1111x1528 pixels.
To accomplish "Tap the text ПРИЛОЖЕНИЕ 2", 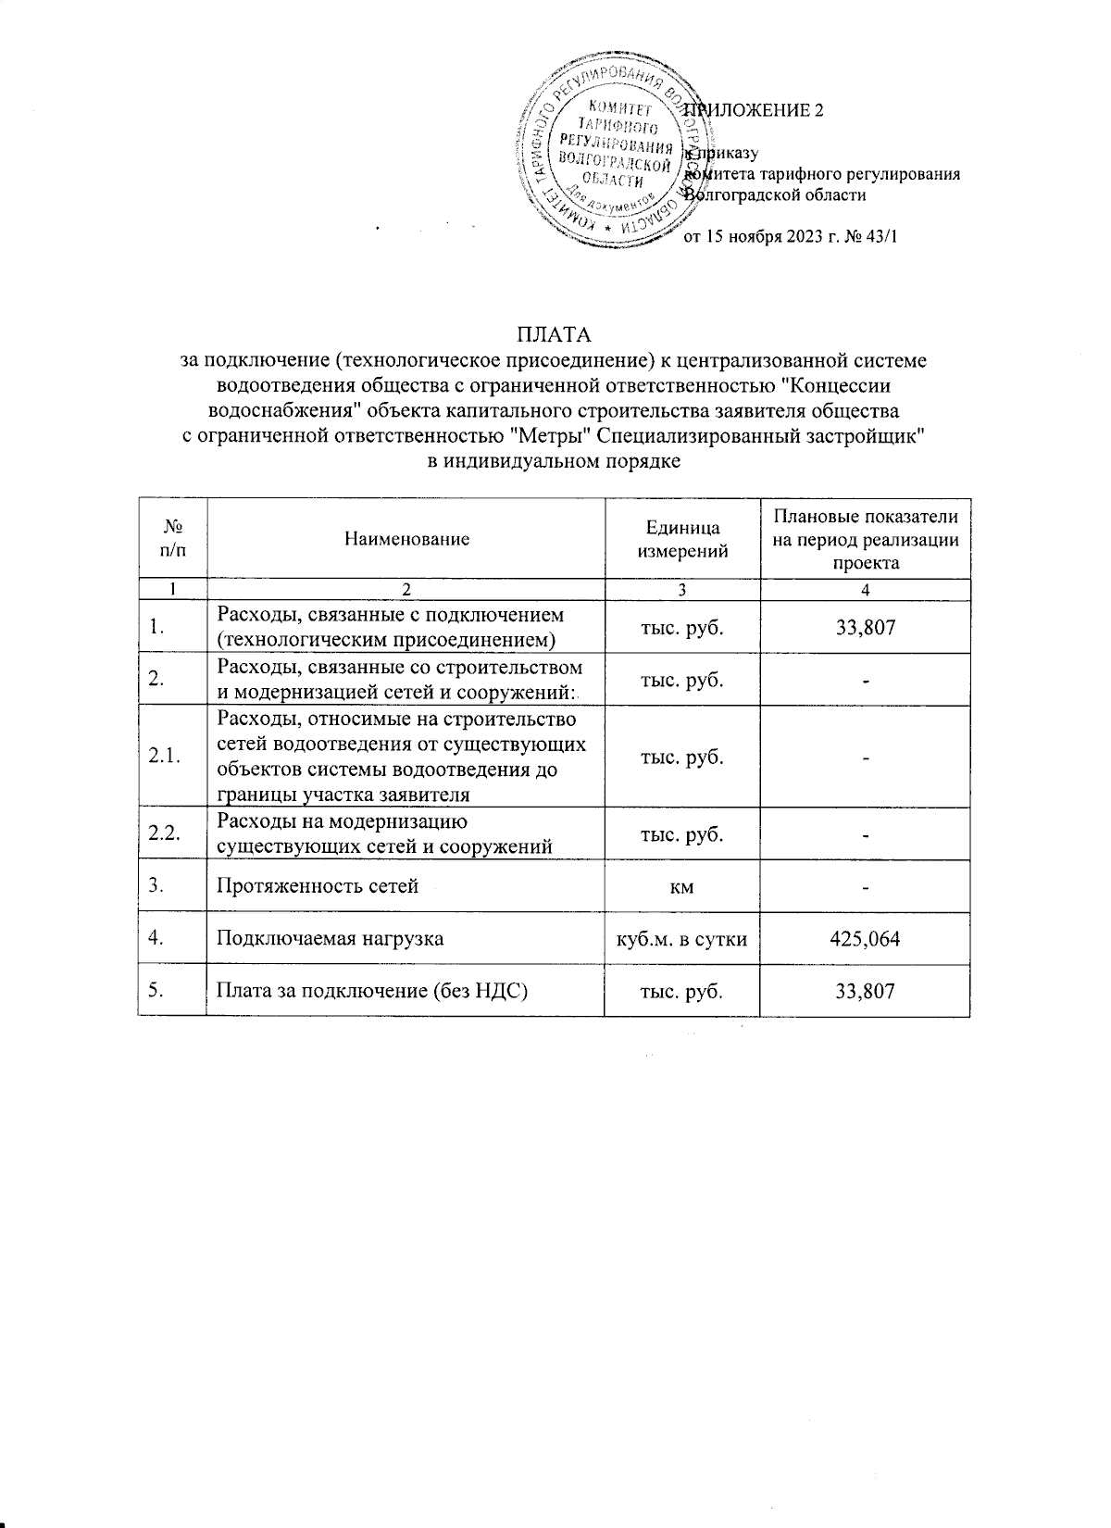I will pos(755,110).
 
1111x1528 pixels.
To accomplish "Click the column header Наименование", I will pos(406,538).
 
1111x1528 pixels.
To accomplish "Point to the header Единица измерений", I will pos(683,538).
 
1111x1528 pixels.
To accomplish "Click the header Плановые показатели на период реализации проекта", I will pos(865,538).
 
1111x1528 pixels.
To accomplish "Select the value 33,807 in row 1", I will pos(865,628).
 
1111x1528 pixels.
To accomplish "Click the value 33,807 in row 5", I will pos(865,991).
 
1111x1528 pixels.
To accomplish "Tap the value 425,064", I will pos(865,939).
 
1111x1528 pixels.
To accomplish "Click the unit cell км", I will pos(682,886).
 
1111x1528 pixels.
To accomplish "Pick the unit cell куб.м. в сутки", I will pos(682,939).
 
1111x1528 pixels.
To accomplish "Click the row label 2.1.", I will pos(164,757).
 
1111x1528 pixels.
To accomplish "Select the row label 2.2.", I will pos(164,834).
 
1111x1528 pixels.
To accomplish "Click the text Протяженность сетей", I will pos(318,886).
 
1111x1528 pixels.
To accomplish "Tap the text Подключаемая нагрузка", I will pos(330,939).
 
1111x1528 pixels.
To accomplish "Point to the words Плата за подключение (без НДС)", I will pos(371,991).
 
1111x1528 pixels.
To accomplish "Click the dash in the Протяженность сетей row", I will pos(865,887).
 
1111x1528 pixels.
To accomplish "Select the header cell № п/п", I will pos(172,538).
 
